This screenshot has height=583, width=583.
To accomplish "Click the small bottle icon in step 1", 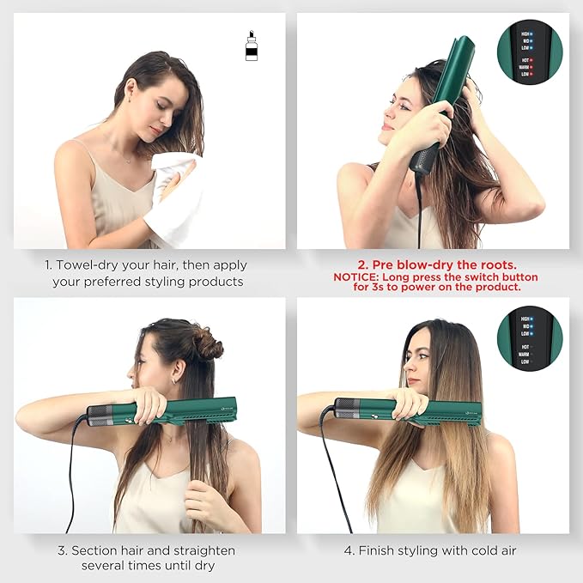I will click(x=251, y=47).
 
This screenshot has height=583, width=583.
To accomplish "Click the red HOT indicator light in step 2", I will click(x=531, y=60).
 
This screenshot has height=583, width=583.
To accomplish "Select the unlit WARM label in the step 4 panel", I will click(x=523, y=354).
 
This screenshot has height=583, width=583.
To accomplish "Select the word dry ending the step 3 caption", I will click(x=203, y=566).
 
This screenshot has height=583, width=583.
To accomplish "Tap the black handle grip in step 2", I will click(x=424, y=158).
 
